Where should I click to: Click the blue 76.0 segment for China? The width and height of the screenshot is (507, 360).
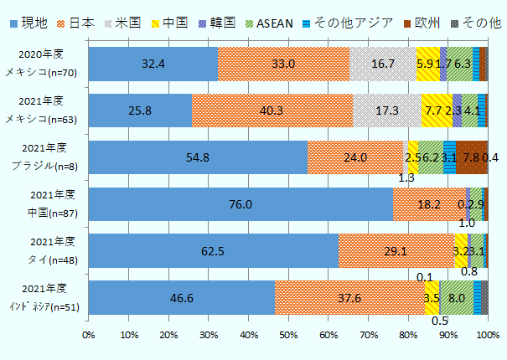pyautogui.click(x=240, y=203)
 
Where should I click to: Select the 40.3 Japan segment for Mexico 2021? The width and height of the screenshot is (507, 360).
pyautogui.click(x=272, y=110)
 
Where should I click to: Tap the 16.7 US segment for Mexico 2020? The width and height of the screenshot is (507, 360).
pyautogui.click(x=383, y=64)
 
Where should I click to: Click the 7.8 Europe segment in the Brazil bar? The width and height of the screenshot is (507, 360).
pyautogui.click(x=471, y=157)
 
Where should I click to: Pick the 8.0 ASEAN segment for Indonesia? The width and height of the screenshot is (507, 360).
pyautogui.click(x=457, y=297)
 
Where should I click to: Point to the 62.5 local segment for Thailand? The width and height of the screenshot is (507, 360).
pyautogui.click(x=213, y=250)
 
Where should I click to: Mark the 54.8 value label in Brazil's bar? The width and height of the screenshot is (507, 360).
pyautogui.click(x=198, y=157)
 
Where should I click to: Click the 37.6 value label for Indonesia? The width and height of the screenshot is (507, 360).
pyautogui.click(x=349, y=297)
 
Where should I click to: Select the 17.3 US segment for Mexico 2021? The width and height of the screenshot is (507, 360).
pyautogui.click(x=387, y=110)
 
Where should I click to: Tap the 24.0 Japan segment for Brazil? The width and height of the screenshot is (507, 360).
pyautogui.click(x=355, y=157)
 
